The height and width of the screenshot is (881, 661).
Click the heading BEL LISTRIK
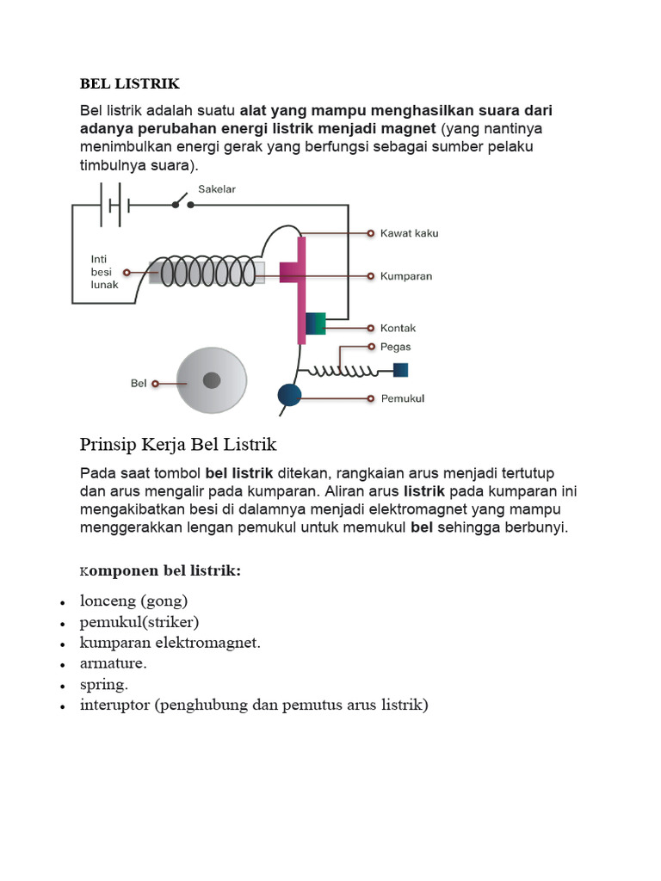tap(130, 83)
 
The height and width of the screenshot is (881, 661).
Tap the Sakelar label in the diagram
tap(217, 188)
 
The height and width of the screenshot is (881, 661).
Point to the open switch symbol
tap(182, 203)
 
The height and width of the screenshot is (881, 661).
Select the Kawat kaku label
tap(409, 233)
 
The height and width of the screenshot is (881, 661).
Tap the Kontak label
tap(398, 328)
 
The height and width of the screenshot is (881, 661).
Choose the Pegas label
tap(395, 347)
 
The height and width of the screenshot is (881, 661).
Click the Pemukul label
tap(402, 398)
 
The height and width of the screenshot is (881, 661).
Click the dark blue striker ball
tap(289, 395)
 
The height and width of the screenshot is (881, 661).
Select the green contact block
tap(316, 323)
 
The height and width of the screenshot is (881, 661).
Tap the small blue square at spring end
tap(400, 370)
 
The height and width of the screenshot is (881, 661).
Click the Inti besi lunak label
tap(104, 271)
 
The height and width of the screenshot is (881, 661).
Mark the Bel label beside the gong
tap(139, 384)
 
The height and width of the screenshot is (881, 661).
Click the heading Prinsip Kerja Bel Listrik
tap(178, 445)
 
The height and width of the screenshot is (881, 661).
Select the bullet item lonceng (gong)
tap(133, 601)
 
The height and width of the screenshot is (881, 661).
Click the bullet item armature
tap(113, 663)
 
